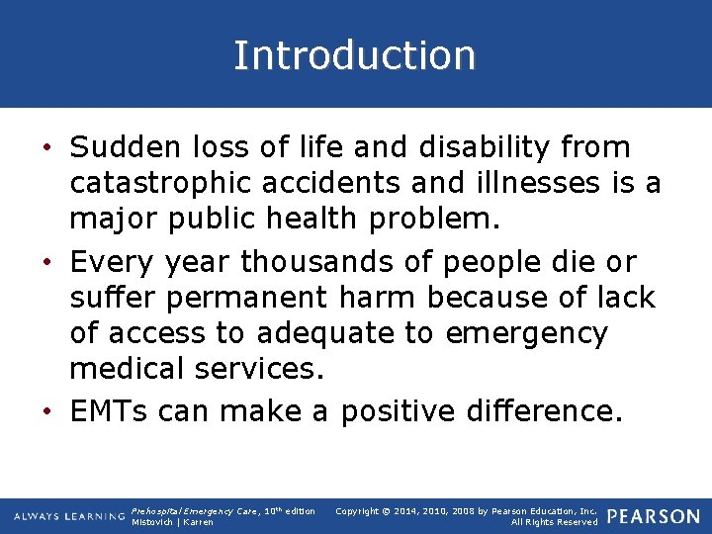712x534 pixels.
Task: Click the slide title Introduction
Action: click(x=354, y=55)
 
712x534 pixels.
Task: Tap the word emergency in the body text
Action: click(x=526, y=334)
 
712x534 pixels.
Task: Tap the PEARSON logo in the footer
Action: click(x=653, y=516)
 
